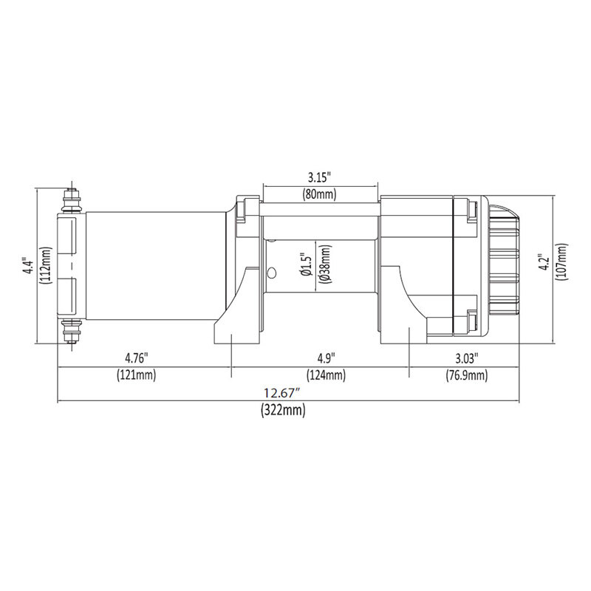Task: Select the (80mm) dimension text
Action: pos(319,195)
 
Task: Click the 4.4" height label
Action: pos(27,266)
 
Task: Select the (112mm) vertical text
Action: pos(46,266)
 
